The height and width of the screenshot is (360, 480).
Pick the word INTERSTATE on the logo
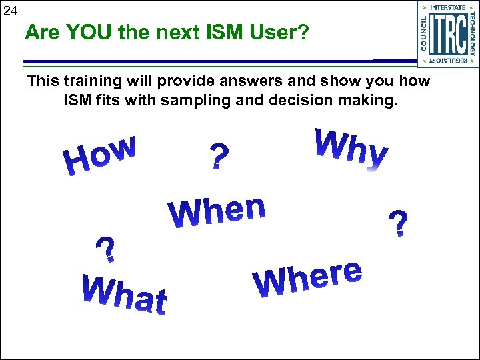click(449, 7)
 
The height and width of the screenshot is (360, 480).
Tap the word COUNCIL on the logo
click(424, 33)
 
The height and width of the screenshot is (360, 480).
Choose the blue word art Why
click(350, 148)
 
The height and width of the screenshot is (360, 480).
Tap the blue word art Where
click(307, 279)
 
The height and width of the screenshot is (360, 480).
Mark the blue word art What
click(124, 293)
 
